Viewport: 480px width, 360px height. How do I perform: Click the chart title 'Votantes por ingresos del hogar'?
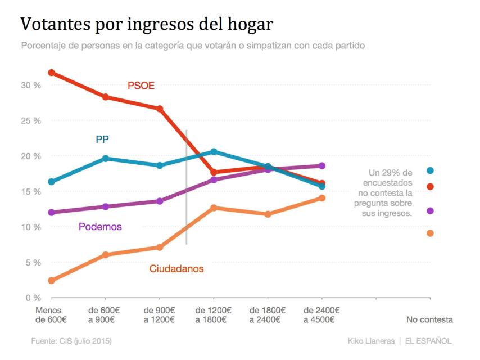pos(147,25)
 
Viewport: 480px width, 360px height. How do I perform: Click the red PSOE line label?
pos(141,86)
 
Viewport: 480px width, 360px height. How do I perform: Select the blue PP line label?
pos(102,139)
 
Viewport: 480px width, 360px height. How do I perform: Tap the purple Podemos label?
pos(100,227)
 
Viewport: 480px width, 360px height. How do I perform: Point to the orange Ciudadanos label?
pos(176,269)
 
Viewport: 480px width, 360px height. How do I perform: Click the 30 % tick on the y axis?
pos(31,85)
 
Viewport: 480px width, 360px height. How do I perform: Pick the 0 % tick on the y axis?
pos(33,298)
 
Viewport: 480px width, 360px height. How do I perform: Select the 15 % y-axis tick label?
pos(31,192)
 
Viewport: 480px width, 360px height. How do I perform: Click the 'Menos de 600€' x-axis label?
pos(51,315)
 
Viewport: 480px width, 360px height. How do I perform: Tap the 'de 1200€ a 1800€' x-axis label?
pos(212,315)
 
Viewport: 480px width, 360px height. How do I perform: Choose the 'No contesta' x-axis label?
pos(429,320)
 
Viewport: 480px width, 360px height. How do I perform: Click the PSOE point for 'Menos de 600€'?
pos(51,73)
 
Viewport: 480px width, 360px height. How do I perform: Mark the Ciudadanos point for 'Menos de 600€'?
pos(51,281)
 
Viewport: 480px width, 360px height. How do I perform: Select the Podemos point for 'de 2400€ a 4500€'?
pos(321,166)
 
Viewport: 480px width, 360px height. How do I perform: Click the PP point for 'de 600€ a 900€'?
pos(105,159)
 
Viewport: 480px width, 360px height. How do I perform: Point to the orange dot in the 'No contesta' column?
pos(430,233)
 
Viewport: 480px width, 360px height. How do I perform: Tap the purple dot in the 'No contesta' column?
pos(430,211)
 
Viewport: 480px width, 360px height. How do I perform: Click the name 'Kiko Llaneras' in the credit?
pos(370,341)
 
